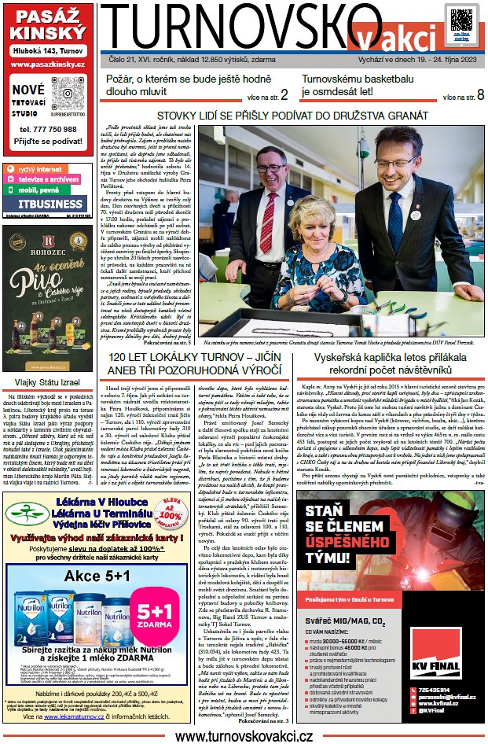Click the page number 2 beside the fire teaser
[x=284, y=95]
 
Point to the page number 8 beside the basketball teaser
[x=479, y=95]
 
